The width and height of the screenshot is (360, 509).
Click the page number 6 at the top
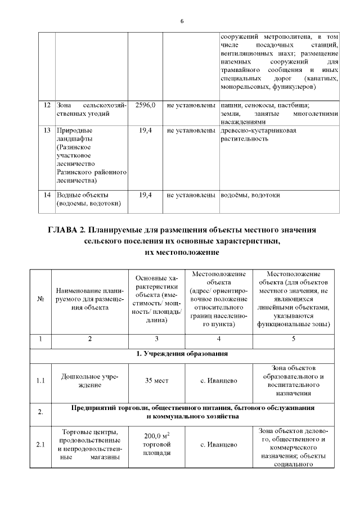click(182, 21)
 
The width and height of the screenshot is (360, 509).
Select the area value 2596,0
click(145, 105)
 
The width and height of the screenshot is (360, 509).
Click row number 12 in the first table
click(47, 105)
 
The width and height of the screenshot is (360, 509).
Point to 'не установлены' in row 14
click(191, 195)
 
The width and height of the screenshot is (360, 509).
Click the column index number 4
click(219, 339)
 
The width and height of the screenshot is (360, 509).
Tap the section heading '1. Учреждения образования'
click(182, 354)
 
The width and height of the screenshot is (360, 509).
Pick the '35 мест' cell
click(156, 380)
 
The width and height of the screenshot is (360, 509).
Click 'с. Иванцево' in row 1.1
click(219, 380)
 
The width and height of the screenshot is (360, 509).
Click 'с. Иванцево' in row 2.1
click(219, 445)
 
